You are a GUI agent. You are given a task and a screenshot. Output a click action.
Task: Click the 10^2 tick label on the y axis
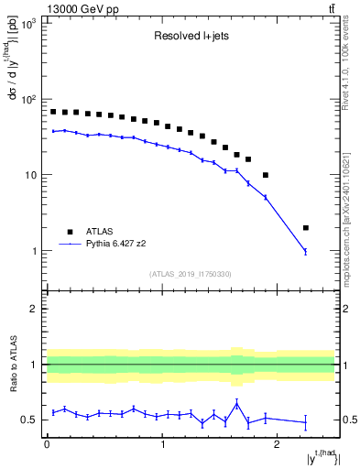tap(28, 99)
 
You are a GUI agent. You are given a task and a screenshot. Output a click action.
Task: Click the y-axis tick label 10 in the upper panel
tap(31, 175)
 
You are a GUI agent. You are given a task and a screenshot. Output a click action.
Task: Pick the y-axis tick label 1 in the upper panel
tap(36, 251)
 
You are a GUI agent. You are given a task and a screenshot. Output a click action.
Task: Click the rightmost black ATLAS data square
tap(306, 228)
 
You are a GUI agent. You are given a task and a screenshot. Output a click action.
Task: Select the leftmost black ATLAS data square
tap(53, 112)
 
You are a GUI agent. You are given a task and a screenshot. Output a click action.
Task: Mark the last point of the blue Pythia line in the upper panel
tap(306, 251)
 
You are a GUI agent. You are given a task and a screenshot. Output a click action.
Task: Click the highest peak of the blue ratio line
tap(236, 403)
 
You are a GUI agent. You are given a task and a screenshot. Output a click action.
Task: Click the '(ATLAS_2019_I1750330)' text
tap(190, 273)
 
